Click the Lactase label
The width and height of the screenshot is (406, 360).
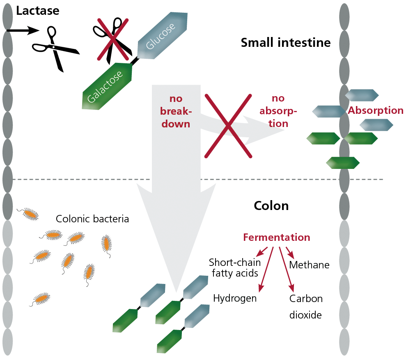38,11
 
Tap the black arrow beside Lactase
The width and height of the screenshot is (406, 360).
23,30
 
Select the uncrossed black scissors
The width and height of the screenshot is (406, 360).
56,48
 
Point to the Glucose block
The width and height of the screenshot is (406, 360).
162,35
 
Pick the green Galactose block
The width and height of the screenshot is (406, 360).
107,86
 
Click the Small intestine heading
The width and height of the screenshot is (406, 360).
286,42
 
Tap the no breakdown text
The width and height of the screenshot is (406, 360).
176,111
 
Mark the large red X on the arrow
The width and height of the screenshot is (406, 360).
228,126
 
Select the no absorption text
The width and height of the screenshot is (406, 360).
278,111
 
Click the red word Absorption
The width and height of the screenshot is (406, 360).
375,111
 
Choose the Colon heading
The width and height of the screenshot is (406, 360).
271,206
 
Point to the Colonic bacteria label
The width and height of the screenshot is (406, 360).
92,219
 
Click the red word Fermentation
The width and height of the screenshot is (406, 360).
277,238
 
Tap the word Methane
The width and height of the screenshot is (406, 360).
309,265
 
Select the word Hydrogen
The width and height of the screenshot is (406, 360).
235,299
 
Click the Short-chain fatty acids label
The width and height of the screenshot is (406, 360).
235,268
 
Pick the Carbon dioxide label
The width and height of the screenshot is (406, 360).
306,307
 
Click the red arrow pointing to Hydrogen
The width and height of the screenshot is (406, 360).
266,270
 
